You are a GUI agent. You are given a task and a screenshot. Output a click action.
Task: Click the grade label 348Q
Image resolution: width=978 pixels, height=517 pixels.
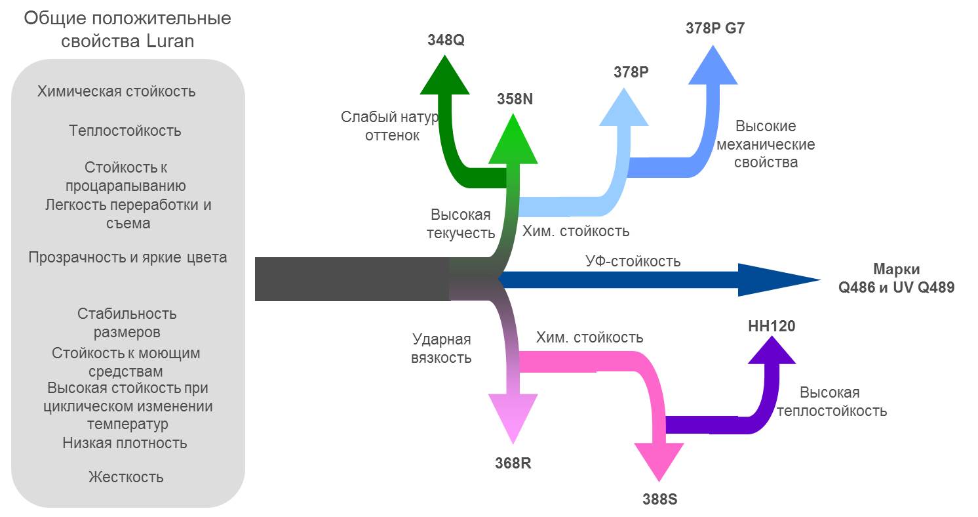[445, 40]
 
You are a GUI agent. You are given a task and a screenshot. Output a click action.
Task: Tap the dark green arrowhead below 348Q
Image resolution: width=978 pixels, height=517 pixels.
[444, 76]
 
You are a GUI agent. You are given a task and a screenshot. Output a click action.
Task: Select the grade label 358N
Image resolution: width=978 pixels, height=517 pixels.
[515, 99]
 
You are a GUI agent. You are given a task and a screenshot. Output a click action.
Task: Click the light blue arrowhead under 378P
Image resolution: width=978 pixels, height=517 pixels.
[624, 108]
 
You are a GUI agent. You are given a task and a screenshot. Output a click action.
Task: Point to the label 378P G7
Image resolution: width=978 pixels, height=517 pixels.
[714, 29]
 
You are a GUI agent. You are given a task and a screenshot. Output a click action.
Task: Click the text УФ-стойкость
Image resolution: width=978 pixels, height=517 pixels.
[633, 261]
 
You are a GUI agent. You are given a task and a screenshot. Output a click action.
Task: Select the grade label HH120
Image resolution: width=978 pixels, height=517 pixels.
[772, 325]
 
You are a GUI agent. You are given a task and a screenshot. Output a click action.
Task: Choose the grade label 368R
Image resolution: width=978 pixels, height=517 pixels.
[513, 463]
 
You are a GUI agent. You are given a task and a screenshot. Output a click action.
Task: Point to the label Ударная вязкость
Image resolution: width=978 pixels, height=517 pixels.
[441, 348]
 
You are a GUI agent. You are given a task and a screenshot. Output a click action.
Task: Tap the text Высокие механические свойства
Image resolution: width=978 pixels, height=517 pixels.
[766, 144]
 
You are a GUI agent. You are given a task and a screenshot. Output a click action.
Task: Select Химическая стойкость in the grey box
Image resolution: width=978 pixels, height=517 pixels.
[117, 91]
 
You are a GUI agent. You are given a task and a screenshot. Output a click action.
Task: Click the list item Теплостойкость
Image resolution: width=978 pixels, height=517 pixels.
[125, 131]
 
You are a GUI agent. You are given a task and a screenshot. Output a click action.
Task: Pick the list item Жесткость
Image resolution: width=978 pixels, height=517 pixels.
[126, 477]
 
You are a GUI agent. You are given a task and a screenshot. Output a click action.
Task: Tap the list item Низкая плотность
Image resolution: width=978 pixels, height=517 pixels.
[125, 443]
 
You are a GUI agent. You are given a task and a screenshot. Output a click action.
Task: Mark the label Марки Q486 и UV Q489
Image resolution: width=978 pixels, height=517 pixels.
[896, 278]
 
